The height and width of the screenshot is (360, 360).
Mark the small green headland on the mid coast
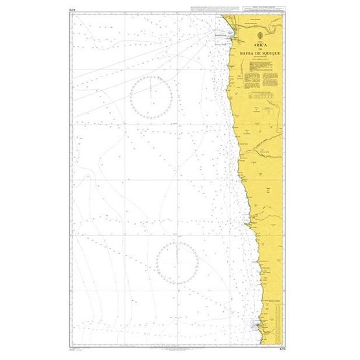coord(246,223)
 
